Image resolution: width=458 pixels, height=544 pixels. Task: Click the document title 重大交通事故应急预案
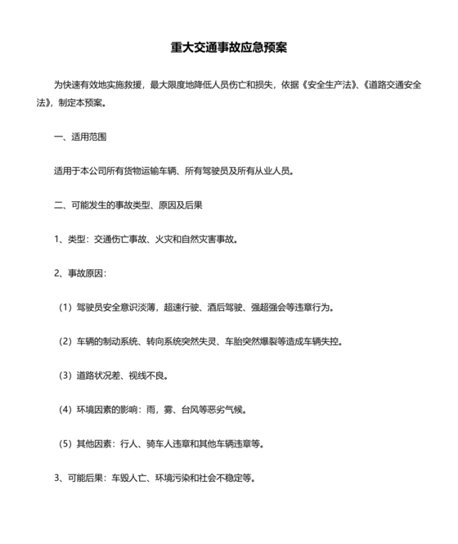click(x=228, y=47)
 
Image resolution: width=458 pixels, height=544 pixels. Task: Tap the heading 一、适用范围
click(x=79, y=137)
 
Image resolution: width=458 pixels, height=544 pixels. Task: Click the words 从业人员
click(x=271, y=171)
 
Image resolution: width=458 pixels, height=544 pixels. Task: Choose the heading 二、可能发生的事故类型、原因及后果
click(x=128, y=205)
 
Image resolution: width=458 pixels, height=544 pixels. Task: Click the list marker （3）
click(x=64, y=375)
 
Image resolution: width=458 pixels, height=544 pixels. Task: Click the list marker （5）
click(x=64, y=443)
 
